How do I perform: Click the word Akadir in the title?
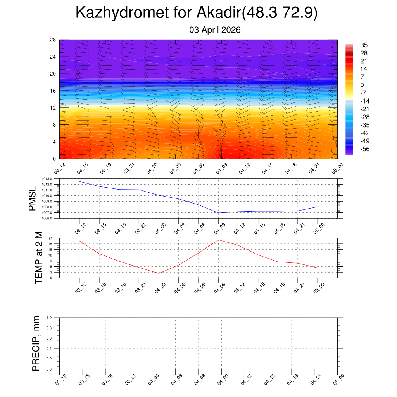click(219, 13)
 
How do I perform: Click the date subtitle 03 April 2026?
click(215, 30)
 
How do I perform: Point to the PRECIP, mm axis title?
click(36, 343)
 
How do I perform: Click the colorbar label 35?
click(363, 45)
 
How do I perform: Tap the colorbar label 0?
click(362, 85)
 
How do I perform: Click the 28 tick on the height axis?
click(53, 40)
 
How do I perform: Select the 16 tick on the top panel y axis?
click(53, 91)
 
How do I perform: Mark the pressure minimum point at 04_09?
click(219, 213)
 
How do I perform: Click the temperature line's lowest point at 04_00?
click(159, 273)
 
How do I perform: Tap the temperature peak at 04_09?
click(219, 240)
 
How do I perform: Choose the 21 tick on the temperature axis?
click(51, 238)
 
